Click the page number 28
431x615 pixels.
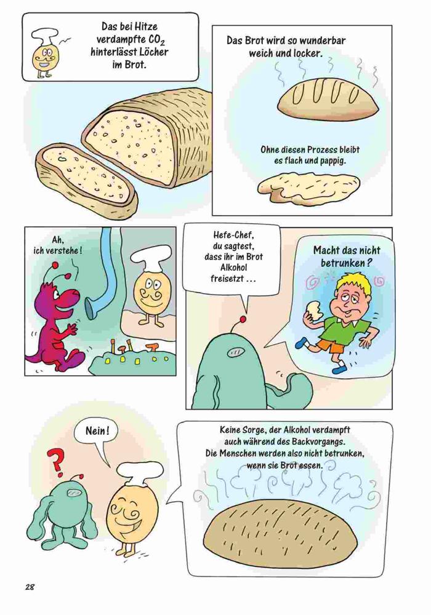pos(30,587)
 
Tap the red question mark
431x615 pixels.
pos(55,460)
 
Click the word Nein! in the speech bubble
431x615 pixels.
pos(96,430)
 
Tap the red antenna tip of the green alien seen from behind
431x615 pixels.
pos(245,319)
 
